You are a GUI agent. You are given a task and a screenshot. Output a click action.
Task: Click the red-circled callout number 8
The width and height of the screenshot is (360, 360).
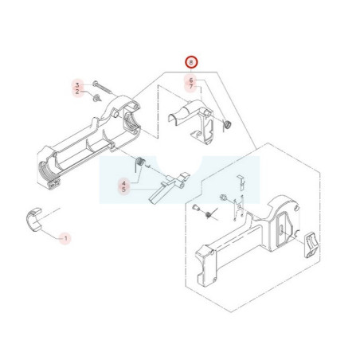(191, 62)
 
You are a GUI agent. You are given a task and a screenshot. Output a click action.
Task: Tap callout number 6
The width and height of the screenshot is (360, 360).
(191, 80)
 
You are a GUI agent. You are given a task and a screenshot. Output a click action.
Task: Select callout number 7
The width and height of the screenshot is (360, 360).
(191, 87)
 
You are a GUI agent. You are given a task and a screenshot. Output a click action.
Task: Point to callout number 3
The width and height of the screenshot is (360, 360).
(77, 85)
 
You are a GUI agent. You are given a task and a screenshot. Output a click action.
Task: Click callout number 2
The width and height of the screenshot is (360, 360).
(77, 92)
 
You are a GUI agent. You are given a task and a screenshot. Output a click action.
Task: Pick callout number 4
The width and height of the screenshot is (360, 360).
(123, 183)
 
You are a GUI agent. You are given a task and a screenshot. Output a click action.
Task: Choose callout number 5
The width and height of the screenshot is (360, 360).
(123, 190)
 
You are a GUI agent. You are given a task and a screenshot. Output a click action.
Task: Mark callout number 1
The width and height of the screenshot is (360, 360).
(66, 238)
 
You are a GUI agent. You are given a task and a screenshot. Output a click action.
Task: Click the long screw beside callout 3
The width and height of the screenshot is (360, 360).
(103, 88)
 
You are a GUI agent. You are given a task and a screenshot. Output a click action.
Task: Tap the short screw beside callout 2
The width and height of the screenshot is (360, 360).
(96, 98)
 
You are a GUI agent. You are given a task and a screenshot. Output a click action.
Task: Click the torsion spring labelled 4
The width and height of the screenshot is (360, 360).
(139, 162)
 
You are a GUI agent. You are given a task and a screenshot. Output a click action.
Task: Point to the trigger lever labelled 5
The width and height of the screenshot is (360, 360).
(168, 187)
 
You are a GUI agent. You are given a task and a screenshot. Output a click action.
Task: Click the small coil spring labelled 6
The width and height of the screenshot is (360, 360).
(227, 124)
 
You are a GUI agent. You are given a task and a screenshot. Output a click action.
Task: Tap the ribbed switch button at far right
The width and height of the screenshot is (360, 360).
(310, 245)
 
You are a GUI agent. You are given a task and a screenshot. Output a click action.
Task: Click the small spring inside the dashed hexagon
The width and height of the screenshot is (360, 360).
(209, 213)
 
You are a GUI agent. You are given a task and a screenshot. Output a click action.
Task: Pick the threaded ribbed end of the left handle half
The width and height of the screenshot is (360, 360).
(45, 171)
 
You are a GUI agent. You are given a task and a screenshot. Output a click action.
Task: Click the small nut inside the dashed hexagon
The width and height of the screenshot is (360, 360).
(223, 198)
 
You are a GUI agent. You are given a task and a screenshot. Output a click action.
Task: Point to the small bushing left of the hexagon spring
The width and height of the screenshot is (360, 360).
(196, 207)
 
